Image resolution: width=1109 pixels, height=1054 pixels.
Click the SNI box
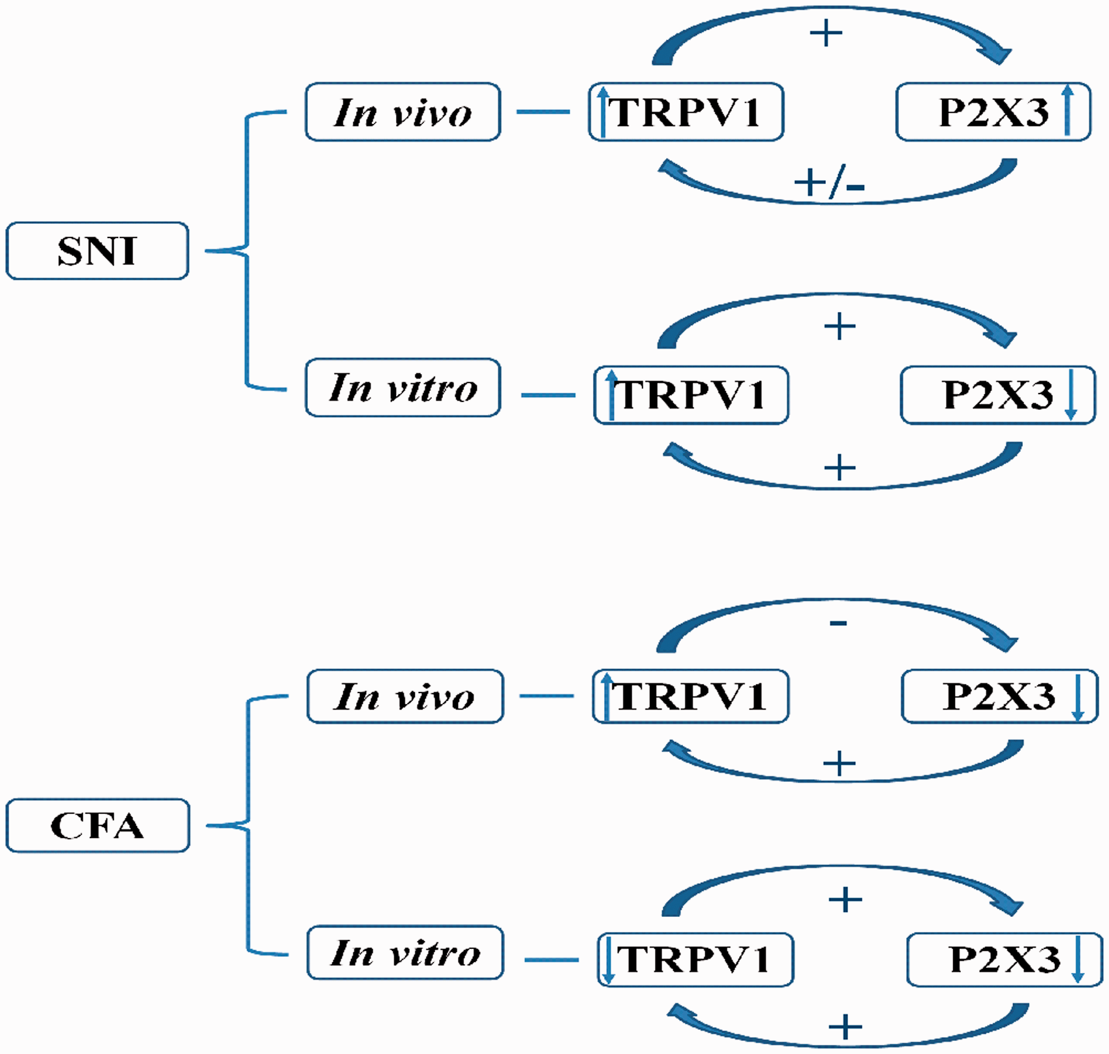97,251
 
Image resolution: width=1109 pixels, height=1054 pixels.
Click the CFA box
98,826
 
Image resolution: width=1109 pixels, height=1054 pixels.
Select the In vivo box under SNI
403,112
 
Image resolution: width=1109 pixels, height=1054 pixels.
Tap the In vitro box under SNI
403,388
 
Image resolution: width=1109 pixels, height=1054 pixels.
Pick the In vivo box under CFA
405,696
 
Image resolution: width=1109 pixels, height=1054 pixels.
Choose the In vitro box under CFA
405,953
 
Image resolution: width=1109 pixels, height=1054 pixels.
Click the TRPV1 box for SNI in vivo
686,112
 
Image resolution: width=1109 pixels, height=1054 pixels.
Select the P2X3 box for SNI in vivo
994,112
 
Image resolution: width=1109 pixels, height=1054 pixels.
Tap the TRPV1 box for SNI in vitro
691,395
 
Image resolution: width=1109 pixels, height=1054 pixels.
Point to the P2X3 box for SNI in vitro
998,395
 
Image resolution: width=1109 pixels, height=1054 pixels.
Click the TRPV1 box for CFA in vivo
691,696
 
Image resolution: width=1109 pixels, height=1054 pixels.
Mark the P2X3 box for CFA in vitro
1005,960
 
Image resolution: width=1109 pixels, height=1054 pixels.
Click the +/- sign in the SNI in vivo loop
830,183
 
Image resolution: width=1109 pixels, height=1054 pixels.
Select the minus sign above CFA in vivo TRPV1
838,623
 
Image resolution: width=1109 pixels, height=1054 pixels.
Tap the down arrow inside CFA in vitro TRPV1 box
609,960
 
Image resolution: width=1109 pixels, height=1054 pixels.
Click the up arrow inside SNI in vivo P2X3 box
1067,111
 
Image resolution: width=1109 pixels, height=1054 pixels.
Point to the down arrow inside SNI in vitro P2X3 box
1071,395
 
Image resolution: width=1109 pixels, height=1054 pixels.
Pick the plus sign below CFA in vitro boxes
845,1027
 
